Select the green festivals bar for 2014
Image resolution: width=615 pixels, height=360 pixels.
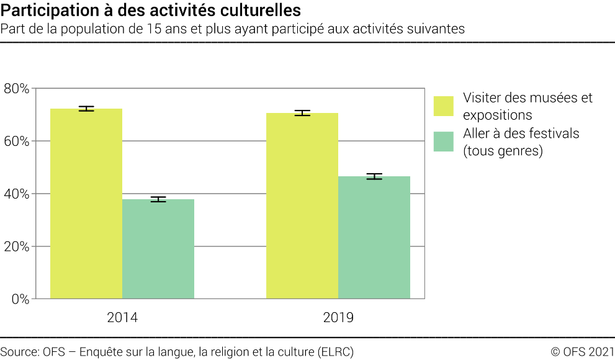click(158, 249)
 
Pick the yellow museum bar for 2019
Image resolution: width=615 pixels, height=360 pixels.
click(302, 205)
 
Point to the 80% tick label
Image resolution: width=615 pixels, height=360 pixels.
click(16, 89)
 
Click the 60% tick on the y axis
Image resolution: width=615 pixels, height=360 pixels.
click(16, 142)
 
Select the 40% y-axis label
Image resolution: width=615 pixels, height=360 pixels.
click(16, 194)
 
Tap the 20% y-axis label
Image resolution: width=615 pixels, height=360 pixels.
click(16, 247)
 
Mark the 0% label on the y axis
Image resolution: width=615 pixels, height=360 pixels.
click(19, 299)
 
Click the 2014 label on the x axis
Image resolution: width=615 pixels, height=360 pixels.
click(122, 318)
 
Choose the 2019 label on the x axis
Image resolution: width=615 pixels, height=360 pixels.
click(338, 318)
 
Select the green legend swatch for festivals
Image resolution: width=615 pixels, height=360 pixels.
click(444, 142)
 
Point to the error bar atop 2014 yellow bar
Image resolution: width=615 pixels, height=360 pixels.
click(86, 109)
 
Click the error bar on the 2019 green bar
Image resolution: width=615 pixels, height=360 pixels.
click(374, 176)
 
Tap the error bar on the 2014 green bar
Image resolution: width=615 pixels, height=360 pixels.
click(158, 199)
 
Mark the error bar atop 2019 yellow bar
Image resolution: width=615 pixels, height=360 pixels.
click(302, 113)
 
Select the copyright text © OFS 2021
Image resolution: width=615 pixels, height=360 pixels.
click(582, 352)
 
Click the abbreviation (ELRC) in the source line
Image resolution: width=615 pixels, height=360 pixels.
click(334, 352)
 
